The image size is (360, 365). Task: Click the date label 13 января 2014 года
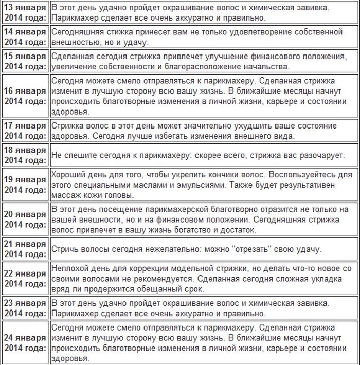(x=25, y=12)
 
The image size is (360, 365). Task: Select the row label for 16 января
(x=25, y=96)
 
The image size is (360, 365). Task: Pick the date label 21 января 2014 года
(x=25, y=249)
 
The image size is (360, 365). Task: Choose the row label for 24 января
(x=25, y=343)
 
